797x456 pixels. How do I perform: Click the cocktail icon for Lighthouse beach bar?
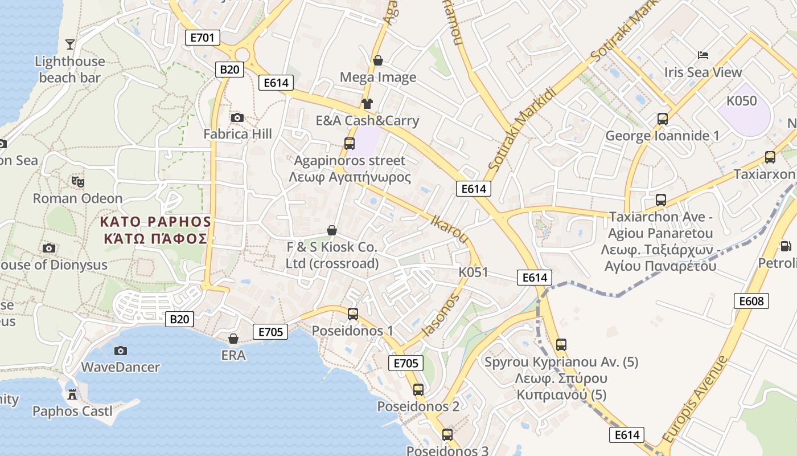click(70, 44)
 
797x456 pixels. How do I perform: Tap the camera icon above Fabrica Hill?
click(237, 117)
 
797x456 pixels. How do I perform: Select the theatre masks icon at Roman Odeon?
click(78, 182)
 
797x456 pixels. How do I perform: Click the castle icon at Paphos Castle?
click(72, 394)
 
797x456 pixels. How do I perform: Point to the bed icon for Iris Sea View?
click(703, 55)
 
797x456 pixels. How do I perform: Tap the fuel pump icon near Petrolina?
click(786, 246)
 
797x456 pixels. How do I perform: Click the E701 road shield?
click(202, 38)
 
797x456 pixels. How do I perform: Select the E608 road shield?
click(751, 301)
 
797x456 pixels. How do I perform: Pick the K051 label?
click(473, 272)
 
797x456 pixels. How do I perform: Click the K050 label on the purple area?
click(742, 101)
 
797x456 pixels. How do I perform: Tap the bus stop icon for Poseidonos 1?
click(353, 314)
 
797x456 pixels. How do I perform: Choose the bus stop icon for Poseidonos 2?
click(418, 390)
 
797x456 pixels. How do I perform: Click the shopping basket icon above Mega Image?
click(377, 60)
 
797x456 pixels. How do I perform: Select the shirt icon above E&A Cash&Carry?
click(367, 104)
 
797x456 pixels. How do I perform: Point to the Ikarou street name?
click(450, 228)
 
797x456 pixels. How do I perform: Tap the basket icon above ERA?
click(233, 339)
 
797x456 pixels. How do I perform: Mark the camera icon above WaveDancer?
click(120, 351)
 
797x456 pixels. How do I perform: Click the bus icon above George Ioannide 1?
click(662, 119)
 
